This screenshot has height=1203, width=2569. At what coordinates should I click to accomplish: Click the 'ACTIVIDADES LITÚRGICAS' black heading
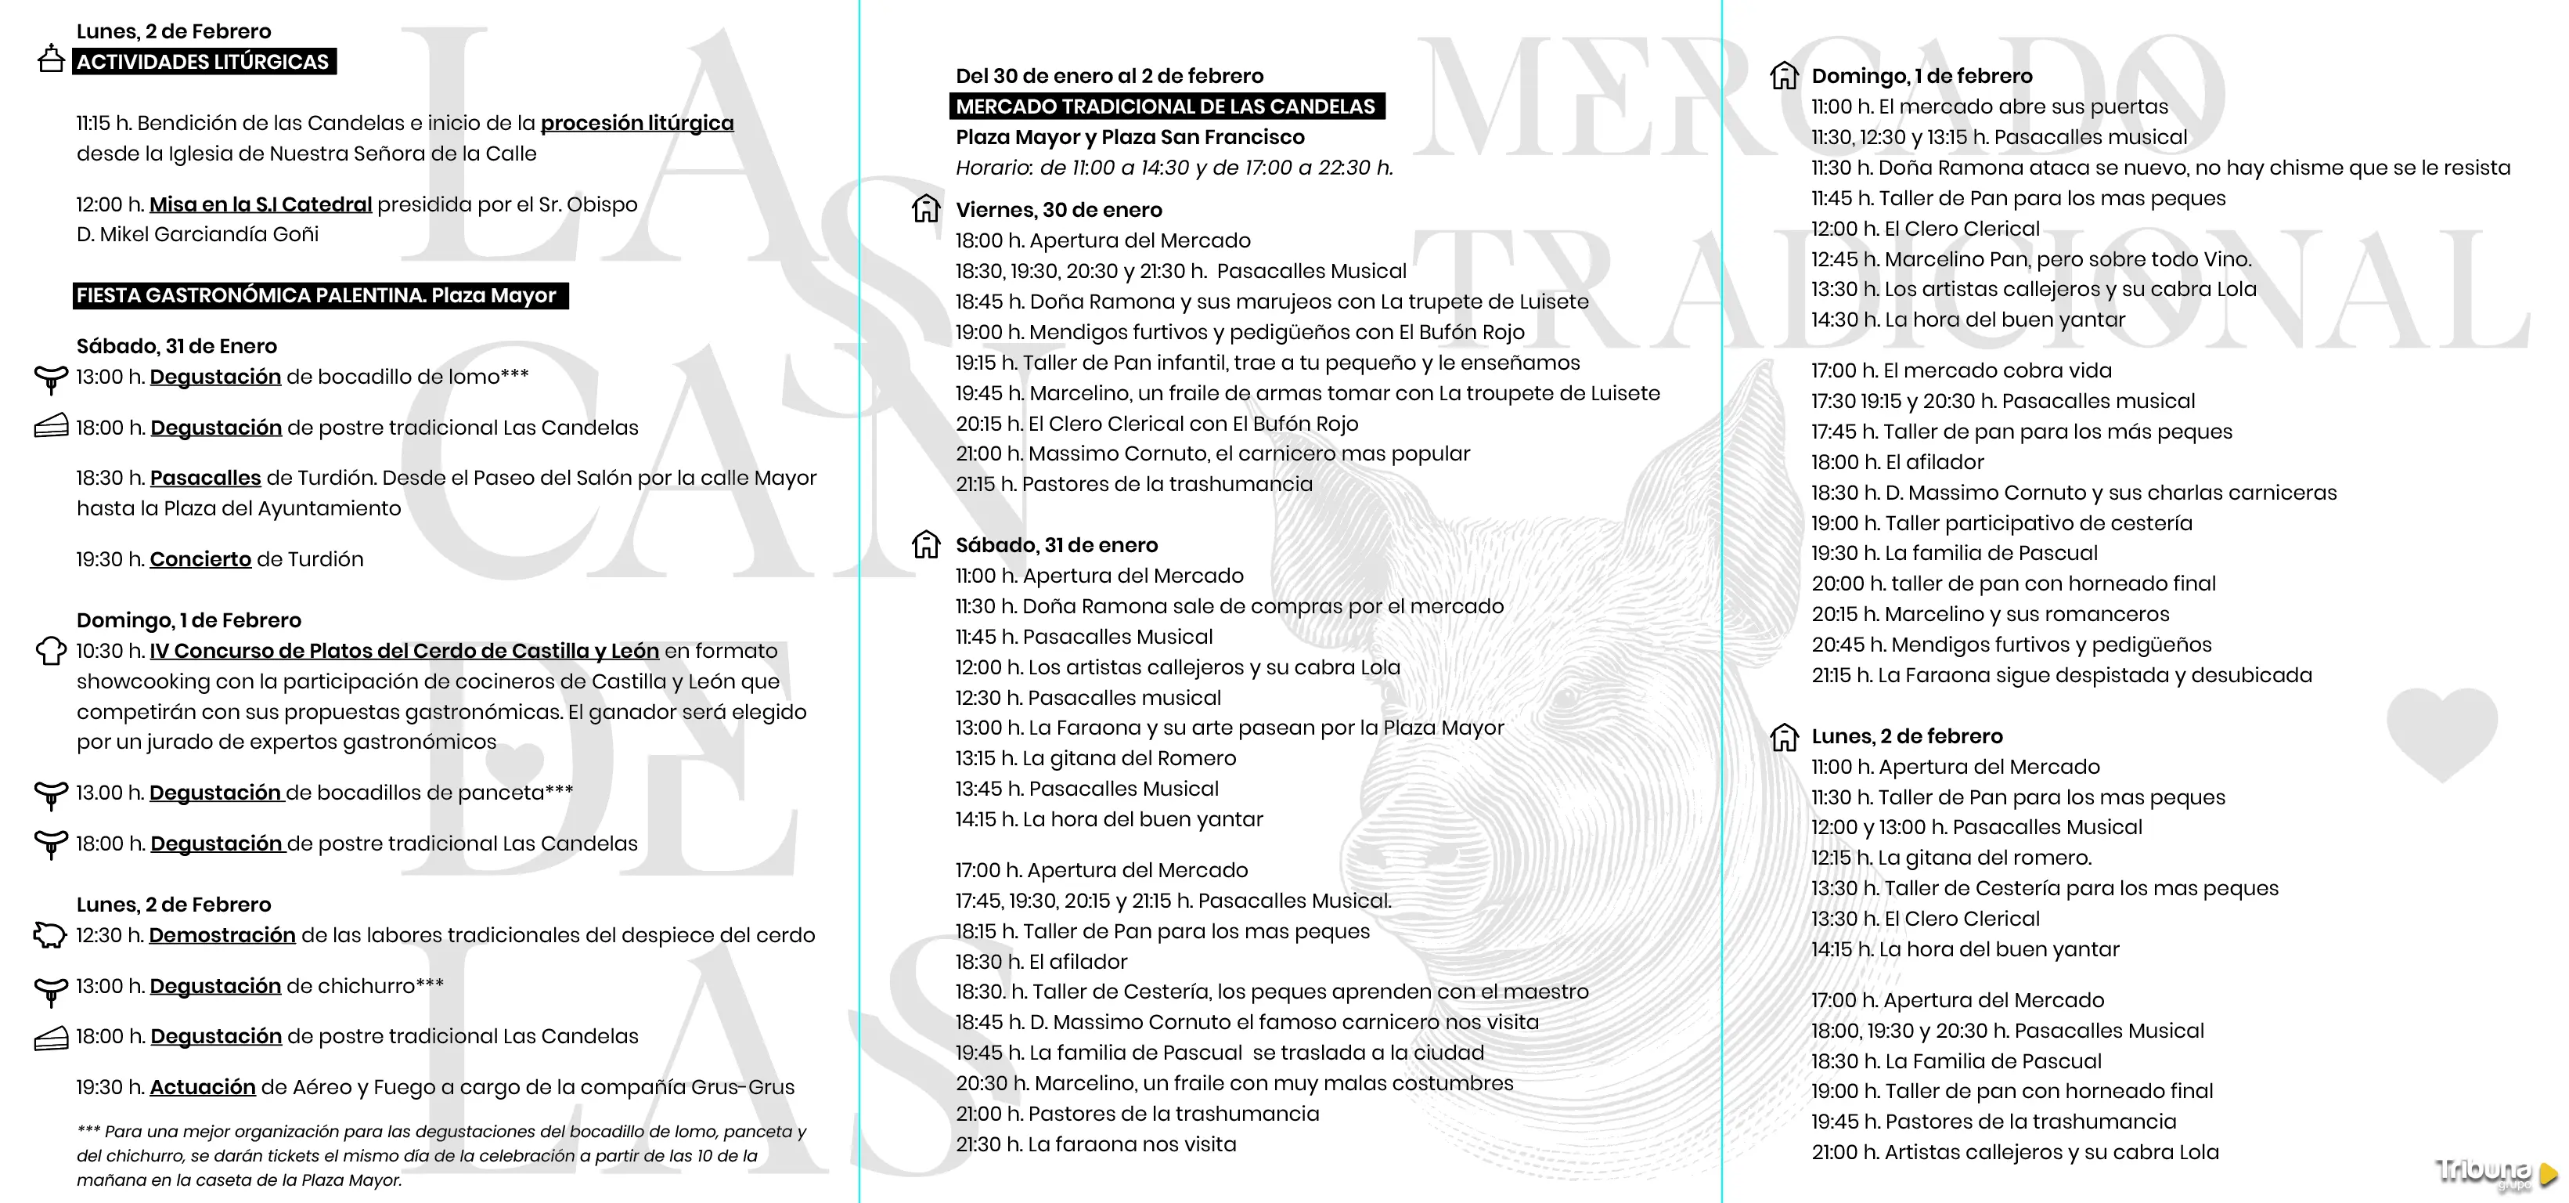tap(204, 62)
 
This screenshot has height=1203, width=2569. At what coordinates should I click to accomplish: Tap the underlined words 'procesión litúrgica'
tap(636, 123)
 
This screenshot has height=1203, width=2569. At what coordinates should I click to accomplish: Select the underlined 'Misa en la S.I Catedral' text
tap(261, 204)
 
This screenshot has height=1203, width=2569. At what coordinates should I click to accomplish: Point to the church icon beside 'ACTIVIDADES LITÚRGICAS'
tap(50, 59)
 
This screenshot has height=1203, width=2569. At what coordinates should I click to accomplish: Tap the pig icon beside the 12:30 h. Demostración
tap(50, 934)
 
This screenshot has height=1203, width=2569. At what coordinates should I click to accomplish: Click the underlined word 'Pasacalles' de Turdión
tap(205, 478)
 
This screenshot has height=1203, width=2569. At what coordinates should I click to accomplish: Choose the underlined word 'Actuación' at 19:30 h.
tap(203, 1087)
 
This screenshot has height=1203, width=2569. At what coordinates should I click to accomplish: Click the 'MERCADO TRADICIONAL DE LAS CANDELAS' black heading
tap(1166, 107)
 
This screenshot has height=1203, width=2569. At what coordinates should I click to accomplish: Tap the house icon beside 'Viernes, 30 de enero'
tap(925, 208)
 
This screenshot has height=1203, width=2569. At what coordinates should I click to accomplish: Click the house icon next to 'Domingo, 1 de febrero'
tap(1783, 75)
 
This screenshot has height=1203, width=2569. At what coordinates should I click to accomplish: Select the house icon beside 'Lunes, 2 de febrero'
tap(1783, 736)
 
